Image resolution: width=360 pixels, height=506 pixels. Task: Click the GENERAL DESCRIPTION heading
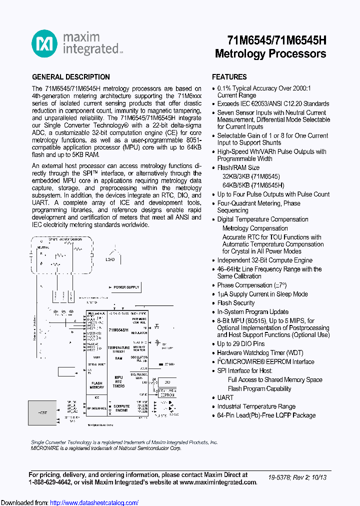coord(71,77)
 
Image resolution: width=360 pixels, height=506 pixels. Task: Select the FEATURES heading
coord(229,77)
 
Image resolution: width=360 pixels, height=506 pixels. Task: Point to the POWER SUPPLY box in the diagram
coord(125,287)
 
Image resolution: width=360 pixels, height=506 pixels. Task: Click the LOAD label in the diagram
coord(110,259)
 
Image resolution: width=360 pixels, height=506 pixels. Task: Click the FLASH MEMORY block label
coord(96,385)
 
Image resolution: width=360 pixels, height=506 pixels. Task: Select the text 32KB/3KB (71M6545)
coord(251,176)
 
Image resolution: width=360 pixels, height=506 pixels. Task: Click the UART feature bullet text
coord(225,397)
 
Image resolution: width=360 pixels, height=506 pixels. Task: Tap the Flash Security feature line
coord(236,303)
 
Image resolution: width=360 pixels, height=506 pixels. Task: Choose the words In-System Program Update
coord(252,312)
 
